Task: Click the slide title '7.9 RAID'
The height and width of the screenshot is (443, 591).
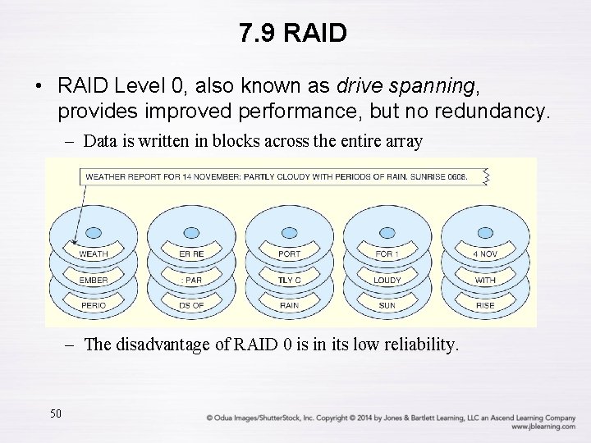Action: (x=294, y=34)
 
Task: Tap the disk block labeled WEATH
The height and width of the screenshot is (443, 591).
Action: (x=93, y=254)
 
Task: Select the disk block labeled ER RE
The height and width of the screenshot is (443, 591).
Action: (x=191, y=254)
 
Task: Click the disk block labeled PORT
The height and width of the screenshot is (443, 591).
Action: (x=289, y=254)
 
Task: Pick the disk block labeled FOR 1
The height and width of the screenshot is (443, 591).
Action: (x=387, y=254)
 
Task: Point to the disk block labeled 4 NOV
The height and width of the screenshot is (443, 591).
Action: (x=485, y=254)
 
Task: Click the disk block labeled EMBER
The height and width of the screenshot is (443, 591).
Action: (x=93, y=280)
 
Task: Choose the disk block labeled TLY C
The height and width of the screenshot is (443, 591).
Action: (x=289, y=280)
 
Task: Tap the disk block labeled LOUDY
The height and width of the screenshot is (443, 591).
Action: (x=387, y=280)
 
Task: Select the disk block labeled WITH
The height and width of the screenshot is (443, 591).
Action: (x=485, y=280)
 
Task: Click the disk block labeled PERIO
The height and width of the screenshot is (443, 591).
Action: (x=93, y=305)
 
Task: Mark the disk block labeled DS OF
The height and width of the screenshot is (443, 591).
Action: (x=191, y=305)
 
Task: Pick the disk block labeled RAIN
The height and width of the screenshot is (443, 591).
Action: (x=289, y=305)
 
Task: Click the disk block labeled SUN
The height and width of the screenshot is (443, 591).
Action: (x=387, y=305)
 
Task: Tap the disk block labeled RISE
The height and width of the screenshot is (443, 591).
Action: (x=485, y=305)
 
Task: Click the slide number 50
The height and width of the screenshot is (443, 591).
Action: (x=56, y=413)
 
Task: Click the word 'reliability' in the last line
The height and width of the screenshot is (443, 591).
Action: (x=415, y=345)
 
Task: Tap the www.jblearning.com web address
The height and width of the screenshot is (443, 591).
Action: (x=543, y=427)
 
